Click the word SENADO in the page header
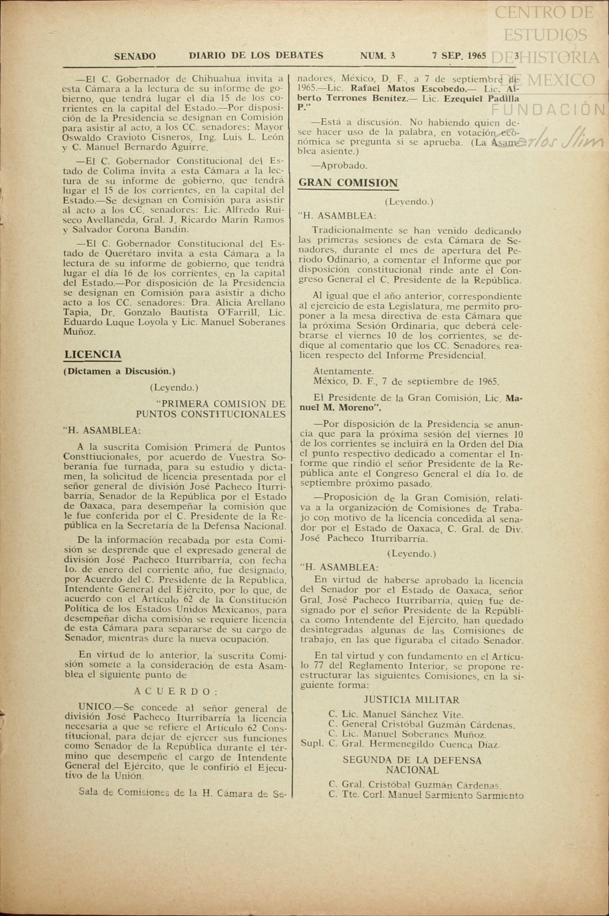[x=135, y=56]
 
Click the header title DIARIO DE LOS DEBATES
[x=256, y=56]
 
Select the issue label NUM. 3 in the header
[x=377, y=56]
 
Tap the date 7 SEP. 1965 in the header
[x=459, y=56]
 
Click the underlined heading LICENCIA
[x=93, y=355]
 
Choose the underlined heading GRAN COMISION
[x=348, y=183]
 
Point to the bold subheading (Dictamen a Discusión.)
[x=119, y=371]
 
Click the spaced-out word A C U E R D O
[x=176, y=691]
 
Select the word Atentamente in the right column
[x=343, y=371]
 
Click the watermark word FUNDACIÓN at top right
[x=548, y=110]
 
